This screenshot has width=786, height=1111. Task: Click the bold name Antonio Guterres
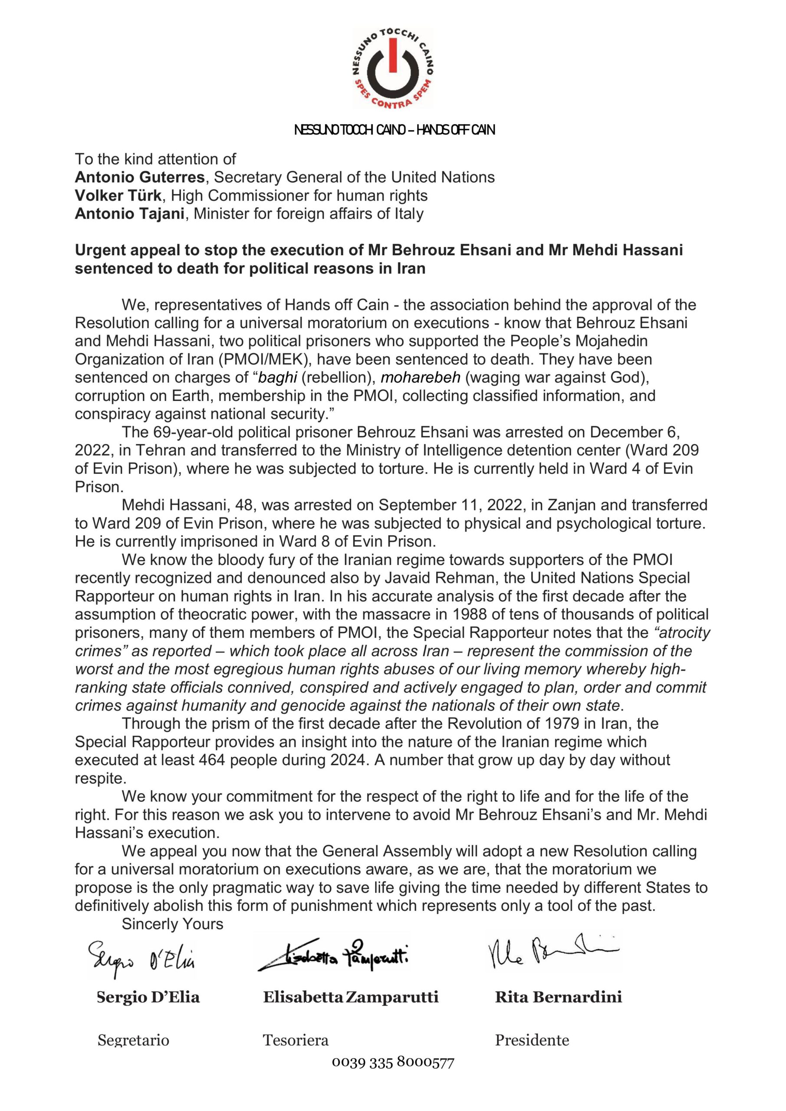click(x=139, y=177)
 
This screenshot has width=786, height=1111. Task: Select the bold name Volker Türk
click(x=118, y=195)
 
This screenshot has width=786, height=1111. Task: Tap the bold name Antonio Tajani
click(x=129, y=214)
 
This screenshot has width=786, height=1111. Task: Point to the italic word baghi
click(x=277, y=378)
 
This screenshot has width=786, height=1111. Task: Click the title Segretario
click(x=133, y=1040)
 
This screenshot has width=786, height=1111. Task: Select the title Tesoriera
click(x=295, y=1040)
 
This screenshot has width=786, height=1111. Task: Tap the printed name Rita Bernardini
click(x=558, y=997)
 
